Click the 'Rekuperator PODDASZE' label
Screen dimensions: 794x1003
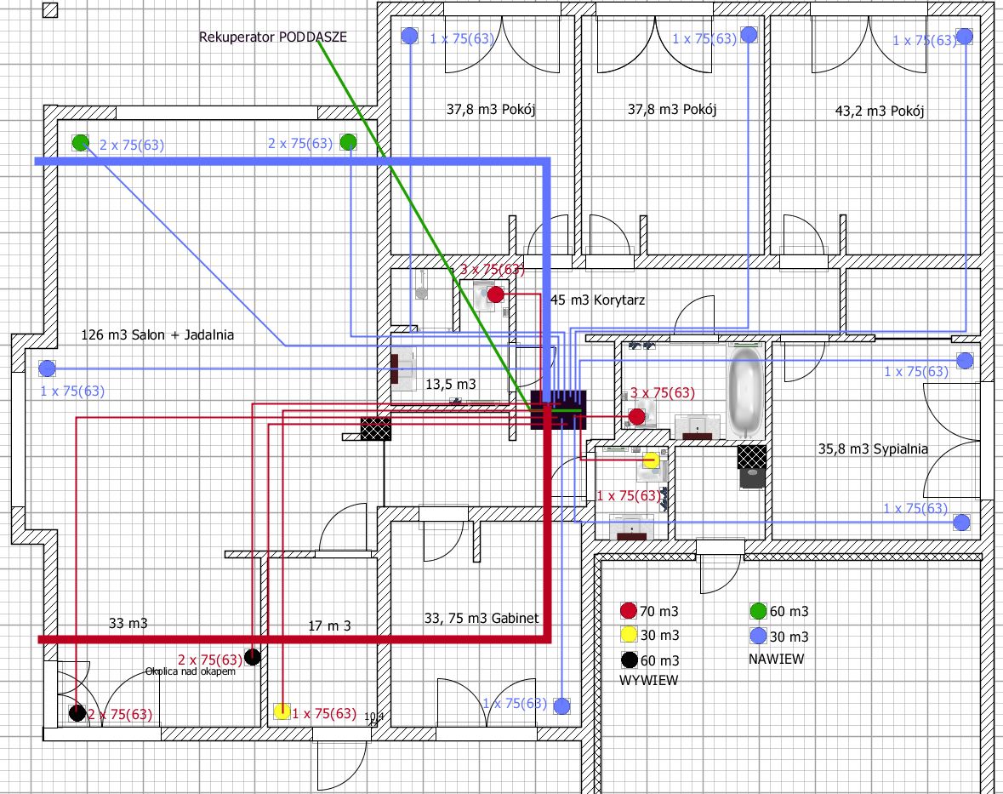tap(273, 37)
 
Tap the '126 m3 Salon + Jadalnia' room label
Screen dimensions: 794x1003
tap(157, 335)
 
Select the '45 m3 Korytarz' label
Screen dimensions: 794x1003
tap(598, 300)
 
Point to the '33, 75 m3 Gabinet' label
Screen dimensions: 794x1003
tap(482, 618)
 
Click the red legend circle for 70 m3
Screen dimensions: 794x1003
tap(629, 610)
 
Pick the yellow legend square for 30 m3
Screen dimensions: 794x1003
tap(629, 634)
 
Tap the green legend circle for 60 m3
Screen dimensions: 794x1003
tap(758, 610)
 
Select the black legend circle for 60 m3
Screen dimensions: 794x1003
tap(629, 660)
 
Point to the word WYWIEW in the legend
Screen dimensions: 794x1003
tap(648, 680)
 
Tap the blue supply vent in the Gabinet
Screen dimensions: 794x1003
tap(561, 705)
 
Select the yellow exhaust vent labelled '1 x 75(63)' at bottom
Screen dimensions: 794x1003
tap(282, 712)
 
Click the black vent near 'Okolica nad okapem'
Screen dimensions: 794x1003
tap(252, 656)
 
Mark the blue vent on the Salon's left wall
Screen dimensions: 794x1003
tap(47, 368)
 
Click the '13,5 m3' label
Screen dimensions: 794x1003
tap(450, 385)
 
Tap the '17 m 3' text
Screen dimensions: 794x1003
tap(329, 625)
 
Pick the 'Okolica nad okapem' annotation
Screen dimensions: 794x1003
tap(190, 671)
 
